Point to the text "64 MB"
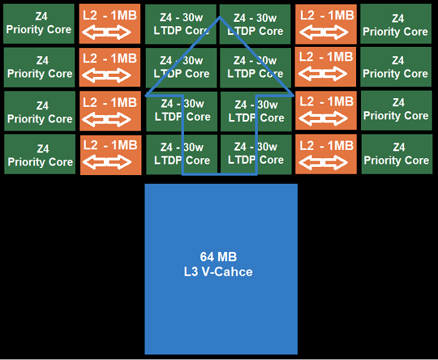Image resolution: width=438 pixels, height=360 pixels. pyautogui.click(x=218, y=257)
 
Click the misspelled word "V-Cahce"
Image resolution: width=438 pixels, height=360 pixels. pyautogui.click(x=232, y=272)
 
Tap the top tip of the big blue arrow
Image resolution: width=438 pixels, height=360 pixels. pyautogui.click(x=220, y=17)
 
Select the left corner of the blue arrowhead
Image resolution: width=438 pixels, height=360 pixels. pyautogui.click(x=146, y=96)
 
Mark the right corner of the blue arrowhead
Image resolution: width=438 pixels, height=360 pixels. pyautogui.click(x=293, y=96)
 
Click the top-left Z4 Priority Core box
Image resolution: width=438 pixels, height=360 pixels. pyautogui.click(x=39, y=24)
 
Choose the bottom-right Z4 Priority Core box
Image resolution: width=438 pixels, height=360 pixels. pyautogui.click(x=396, y=154)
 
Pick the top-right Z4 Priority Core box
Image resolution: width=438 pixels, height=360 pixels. pyautogui.click(x=395, y=25)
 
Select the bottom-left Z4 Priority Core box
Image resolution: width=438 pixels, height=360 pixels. pyautogui.click(x=39, y=156)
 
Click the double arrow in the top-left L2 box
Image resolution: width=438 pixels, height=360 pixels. pyautogui.click(x=110, y=32)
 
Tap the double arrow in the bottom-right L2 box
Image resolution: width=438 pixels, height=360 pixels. pyautogui.click(x=325, y=162)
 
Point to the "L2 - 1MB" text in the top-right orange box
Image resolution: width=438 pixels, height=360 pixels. pyautogui.click(x=326, y=15)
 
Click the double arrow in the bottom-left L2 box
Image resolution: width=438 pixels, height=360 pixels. pyautogui.click(x=110, y=162)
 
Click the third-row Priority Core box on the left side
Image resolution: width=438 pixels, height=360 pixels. pyautogui.click(x=39, y=112)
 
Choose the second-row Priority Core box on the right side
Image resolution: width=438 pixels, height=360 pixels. pyautogui.click(x=395, y=67)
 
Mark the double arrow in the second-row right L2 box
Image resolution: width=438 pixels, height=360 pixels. pyautogui.click(x=325, y=74)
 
